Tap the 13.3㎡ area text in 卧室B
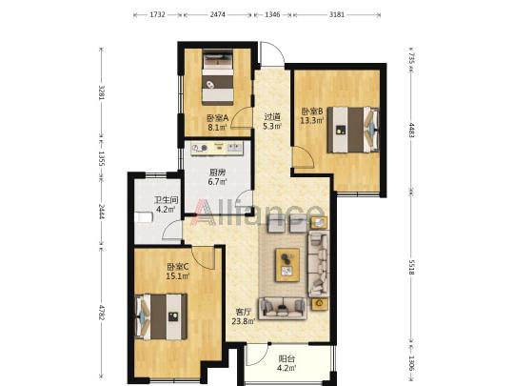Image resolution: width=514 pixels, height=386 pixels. pos(312,120)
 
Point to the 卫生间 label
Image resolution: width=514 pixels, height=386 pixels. pos(167,200)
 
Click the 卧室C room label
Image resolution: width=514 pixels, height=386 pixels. pos(177,267)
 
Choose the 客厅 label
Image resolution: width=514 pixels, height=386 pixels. pos(244,312)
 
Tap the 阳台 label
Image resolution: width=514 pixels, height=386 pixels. pos(287,358)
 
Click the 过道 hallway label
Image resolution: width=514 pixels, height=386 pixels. pos(272,117)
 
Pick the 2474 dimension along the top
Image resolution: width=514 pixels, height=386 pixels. pos(218,14)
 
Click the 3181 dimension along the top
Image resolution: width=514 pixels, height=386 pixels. pos(337,14)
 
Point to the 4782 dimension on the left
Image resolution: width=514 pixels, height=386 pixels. pos(102,313)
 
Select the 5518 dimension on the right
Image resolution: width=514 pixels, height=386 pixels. pos(411,268)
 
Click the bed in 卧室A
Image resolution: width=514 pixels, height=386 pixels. pos(218,77)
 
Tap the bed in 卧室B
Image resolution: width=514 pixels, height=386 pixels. pos(353,130)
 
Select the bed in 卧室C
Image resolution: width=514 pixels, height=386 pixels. pos(161,316)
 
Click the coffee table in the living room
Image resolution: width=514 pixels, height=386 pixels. pos(287,265)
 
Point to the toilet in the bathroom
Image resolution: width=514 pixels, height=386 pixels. pos(144,217)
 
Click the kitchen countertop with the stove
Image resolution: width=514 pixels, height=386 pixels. pos(217,149)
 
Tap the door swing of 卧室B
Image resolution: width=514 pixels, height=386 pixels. pos(304,157)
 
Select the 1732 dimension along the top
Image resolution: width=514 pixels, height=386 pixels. pos(158,14)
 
